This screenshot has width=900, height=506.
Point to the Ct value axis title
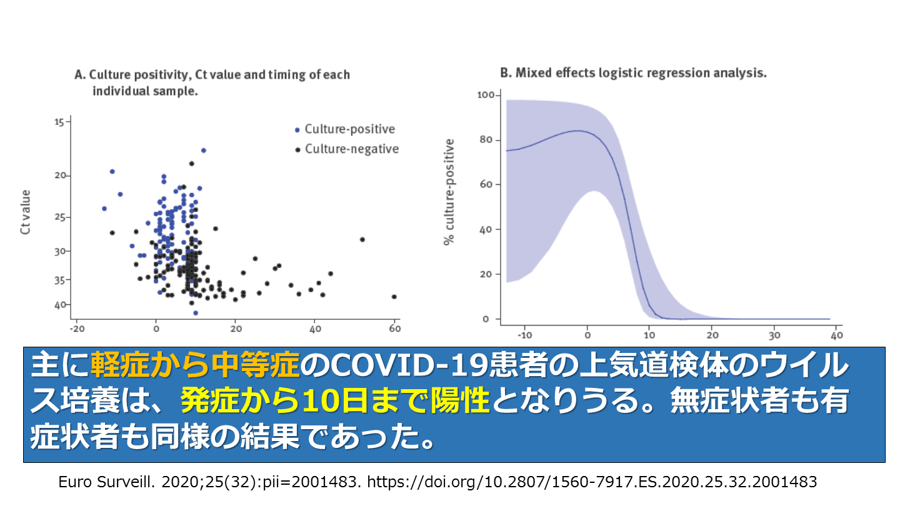[x=26, y=212]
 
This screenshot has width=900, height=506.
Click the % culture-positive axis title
[x=449, y=192]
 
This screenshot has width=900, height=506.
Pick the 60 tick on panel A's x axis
[x=394, y=328]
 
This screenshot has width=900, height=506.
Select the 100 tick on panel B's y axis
[x=486, y=95]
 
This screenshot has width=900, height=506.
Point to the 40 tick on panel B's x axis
[x=836, y=335]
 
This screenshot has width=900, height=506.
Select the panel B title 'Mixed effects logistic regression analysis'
[x=633, y=72]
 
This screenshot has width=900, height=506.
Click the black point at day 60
[x=394, y=297]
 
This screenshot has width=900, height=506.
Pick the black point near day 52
[x=362, y=239]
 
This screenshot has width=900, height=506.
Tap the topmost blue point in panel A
[x=203, y=151]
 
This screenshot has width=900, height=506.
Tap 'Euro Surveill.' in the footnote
[x=104, y=482]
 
